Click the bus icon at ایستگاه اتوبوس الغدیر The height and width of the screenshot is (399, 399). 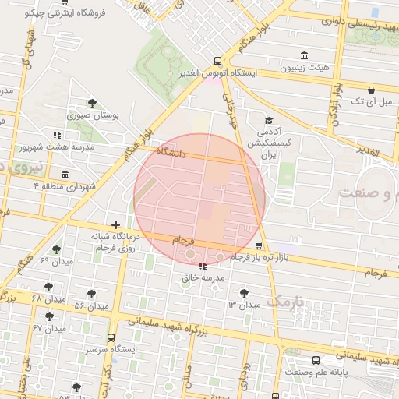217,61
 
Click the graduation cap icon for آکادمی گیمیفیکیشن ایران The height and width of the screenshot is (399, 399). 269,121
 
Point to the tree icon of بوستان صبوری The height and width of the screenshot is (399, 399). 92,102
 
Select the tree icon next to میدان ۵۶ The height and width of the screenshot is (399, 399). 91,295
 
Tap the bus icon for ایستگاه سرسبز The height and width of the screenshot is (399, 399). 111,338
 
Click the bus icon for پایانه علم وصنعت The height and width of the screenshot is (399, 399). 316,361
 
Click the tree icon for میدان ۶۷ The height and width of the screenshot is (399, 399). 50,316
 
